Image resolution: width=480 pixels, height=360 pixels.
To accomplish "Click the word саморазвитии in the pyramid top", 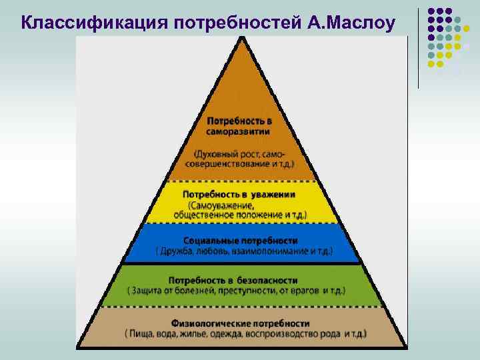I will pos(238,132).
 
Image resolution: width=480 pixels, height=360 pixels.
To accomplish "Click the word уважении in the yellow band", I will pos(274,194).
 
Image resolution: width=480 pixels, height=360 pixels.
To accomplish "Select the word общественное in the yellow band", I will pos(203,215).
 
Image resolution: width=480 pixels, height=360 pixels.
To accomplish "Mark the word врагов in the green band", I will pos(301,291).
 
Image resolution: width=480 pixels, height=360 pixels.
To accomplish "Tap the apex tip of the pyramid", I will pos(241,39).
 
